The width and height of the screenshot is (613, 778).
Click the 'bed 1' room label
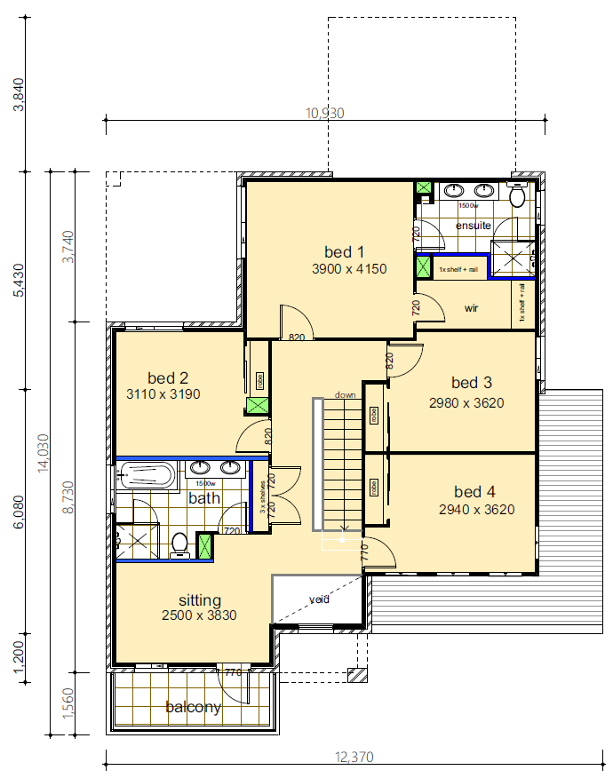[344, 250]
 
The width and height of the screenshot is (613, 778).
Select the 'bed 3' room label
[472, 383]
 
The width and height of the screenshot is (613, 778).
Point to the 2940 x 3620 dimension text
[476, 510]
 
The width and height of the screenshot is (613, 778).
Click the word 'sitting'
[199, 599]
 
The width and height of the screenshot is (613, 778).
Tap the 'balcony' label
[193, 708]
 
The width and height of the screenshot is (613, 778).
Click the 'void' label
[319, 599]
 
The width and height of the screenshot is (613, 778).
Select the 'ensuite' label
[473, 226]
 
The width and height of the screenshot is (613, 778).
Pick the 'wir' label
[472, 308]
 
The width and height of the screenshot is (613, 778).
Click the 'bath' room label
[203, 498]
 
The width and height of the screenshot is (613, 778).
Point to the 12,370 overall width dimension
[354, 758]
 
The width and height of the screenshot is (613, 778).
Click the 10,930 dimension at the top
[324, 113]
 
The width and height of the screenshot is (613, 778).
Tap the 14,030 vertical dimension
[41, 453]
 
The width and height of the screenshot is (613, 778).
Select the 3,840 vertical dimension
[19, 94]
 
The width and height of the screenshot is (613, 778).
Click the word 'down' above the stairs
[345, 394]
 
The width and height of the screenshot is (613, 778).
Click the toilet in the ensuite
[517, 195]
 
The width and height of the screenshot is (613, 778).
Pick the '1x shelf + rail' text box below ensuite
[458, 269]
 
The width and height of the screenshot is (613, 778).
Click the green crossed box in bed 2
[258, 407]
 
